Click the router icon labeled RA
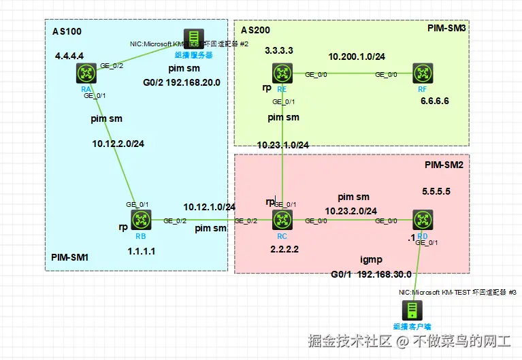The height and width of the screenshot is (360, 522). pyautogui.click(x=86, y=73)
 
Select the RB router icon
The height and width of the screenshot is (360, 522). pyautogui.click(x=141, y=220)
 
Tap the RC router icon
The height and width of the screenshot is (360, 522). pyautogui.click(x=282, y=220)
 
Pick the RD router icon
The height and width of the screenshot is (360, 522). pyautogui.click(x=422, y=220)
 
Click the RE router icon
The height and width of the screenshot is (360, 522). pyautogui.click(x=282, y=73)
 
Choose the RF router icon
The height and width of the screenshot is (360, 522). pyautogui.click(x=423, y=73)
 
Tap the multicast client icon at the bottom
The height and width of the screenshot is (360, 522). pyautogui.click(x=412, y=310)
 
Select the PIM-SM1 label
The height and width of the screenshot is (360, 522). pyautogui.click(x=70, y=258)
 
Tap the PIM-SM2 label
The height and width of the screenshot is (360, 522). pyautogui.click(x=444, y=165)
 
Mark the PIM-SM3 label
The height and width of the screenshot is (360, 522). pyautogui.click(x=447, y=29)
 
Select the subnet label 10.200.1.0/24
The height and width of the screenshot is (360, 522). pyautogui.click(x=357, y=56)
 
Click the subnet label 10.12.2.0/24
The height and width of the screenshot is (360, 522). pyautogui.click(x=118, y=144)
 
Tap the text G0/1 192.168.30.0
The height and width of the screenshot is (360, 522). pyautogui.click(x=371, y=274)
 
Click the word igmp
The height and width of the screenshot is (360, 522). pyautogui.click(x=372, y=259)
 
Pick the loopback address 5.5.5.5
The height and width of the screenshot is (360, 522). pyautogui.click(x=436, y=191)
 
